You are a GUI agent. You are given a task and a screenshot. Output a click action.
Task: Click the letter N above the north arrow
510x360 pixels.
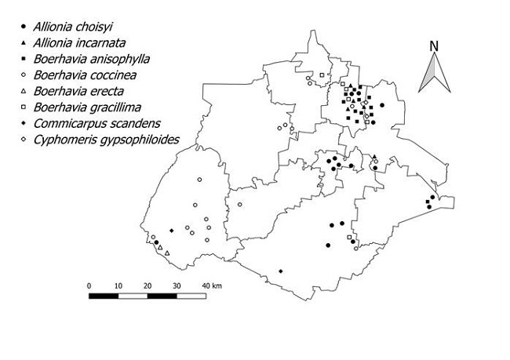point(432,45)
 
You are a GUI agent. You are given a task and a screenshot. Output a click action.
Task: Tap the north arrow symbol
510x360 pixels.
point(432,75)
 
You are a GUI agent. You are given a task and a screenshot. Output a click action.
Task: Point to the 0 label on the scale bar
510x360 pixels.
point(89,285)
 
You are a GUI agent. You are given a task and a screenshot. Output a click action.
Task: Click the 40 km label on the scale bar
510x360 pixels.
point(212,285)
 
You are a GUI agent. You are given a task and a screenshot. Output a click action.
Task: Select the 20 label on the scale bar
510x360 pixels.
point(148,285)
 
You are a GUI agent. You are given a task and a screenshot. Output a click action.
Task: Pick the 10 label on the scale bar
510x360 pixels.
point(118,285)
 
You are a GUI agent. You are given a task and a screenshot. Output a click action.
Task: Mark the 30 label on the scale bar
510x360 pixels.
point(177,285)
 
